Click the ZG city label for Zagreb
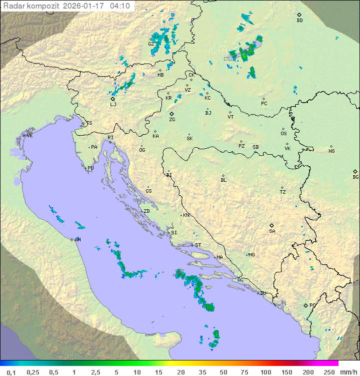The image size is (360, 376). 172,120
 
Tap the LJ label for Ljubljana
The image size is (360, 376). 113,105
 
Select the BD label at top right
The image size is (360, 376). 299,21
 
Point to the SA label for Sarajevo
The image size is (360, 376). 272,231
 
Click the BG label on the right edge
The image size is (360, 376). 355,177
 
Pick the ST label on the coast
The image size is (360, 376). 198,245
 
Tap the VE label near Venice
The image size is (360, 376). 29,136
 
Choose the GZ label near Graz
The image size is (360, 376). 151,44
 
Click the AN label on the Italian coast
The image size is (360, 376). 77,240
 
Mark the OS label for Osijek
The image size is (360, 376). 283,134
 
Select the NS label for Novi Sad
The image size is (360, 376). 331,151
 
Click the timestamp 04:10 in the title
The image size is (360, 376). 120,6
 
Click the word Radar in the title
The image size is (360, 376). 13,6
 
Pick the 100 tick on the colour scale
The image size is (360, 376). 265,372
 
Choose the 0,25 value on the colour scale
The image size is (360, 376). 33,372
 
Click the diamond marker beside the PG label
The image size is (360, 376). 305,305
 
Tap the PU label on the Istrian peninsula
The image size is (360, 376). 90,168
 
